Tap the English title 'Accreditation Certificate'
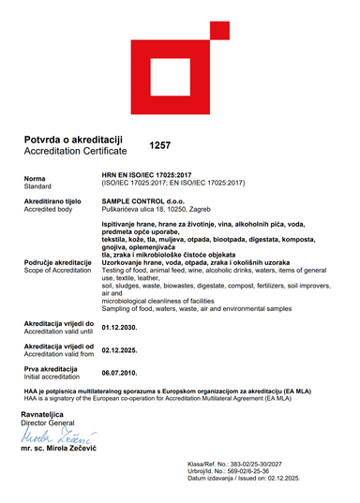(x=74, y=150)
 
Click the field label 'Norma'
(x=35, y=178)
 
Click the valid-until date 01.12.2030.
(x=119, y=328)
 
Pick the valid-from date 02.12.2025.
(x=119, y=350)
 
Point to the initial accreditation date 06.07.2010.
(x=119, y=373)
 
